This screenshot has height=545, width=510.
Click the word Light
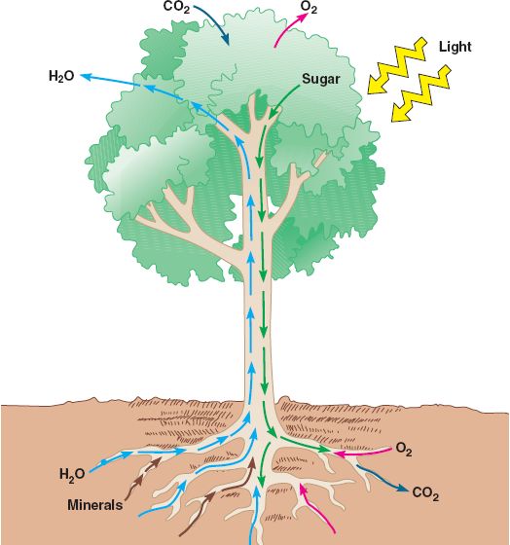coord(455,47)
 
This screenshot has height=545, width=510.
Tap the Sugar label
coord(320,79)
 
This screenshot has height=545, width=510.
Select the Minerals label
coord(95,505)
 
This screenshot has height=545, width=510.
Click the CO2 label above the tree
coord(176,7)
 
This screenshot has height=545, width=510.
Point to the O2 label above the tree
coord(309,8)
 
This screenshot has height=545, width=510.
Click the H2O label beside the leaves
coord(61,76)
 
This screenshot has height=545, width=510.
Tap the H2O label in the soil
coord(72,475)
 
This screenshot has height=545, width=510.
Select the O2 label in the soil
coord(404,449)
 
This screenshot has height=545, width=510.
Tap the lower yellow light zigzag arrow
coord(421,93)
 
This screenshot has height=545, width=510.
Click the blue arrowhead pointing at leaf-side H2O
coord(86,77)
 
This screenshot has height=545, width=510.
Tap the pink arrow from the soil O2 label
coord(362,453)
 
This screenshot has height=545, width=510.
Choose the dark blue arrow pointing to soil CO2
coord(382,479)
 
